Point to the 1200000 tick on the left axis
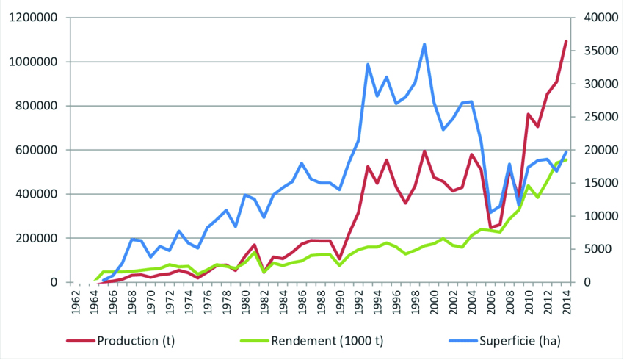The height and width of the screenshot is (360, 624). [32, 18]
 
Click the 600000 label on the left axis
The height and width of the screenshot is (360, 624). [35, 150]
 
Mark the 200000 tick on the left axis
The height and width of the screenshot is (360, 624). [35, 238]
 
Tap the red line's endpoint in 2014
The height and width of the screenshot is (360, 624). [566, 41]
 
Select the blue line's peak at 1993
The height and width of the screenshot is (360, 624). [368, 64]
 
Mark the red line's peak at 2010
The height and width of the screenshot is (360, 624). [529, 114]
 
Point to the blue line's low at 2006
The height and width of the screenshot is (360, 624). [490, 212]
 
